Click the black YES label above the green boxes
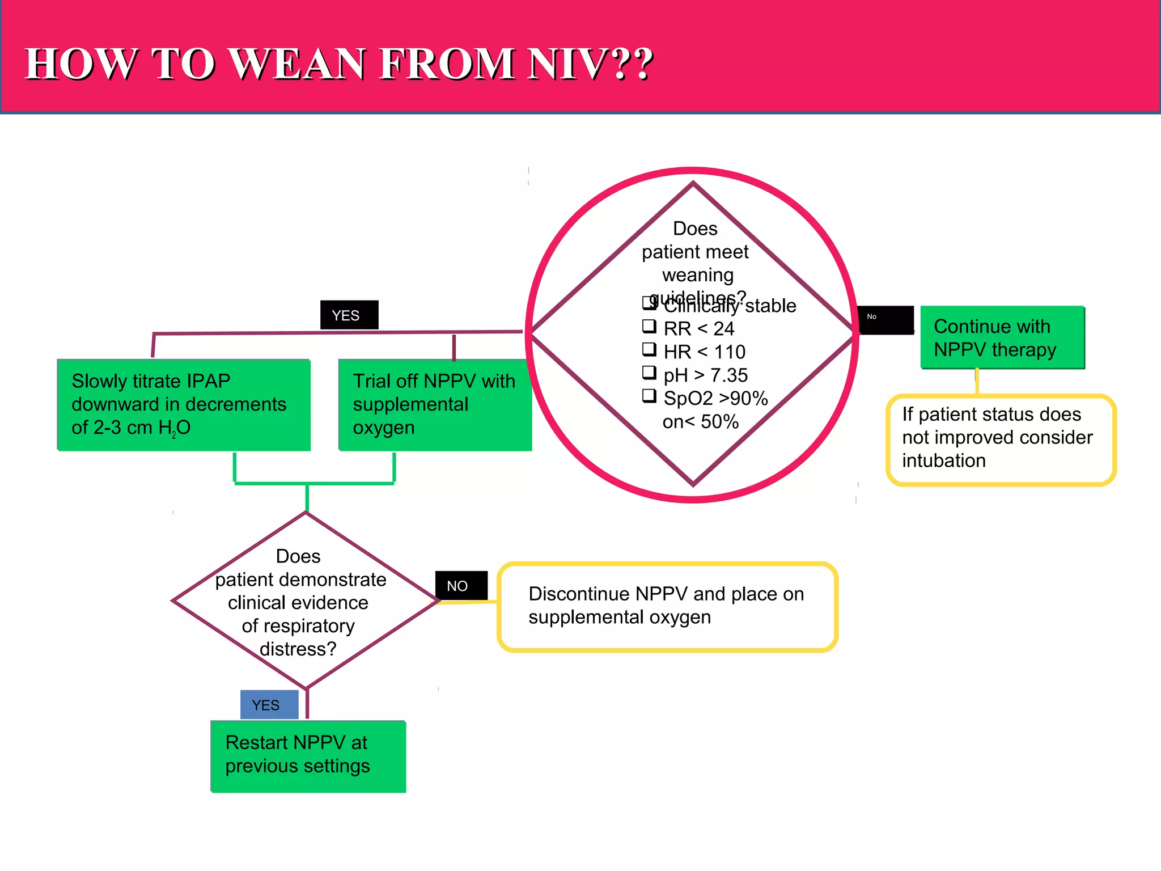(x=349, y=315)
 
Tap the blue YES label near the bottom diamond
(x=269, y=704)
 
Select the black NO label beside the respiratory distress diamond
(x=461, y=585)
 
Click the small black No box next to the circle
(x=885, y=320)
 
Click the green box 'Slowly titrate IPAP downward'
(x=184, y=404)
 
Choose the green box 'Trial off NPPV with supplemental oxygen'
(x=434, y=404)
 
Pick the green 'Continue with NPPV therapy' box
(x=1002, y=337)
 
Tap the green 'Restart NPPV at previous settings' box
(x=308, y=755)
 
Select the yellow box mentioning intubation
(x=1001, y=439)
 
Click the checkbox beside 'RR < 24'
(x=649, y=326)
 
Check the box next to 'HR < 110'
(x=649, y=349)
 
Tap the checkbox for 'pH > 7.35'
(x=649, y=373)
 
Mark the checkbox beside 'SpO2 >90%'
(x=649, y=396)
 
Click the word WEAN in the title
(x=298, y=64)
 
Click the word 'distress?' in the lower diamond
(x=298, y=649)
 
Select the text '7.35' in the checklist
(x=729, y=375)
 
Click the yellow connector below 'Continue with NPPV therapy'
(x=977, y=382)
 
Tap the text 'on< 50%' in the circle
(x=700, y=422)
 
